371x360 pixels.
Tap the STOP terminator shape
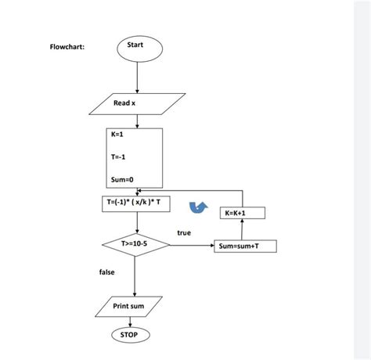click(129, 334)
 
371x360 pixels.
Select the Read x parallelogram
click(128, 103)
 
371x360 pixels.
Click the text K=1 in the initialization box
click(118, 134)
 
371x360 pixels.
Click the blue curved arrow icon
click(200, 206)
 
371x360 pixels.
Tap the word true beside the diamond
click(184, 232)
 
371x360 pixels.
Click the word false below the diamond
click(107, 272)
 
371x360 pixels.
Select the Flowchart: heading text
click(68, 48)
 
